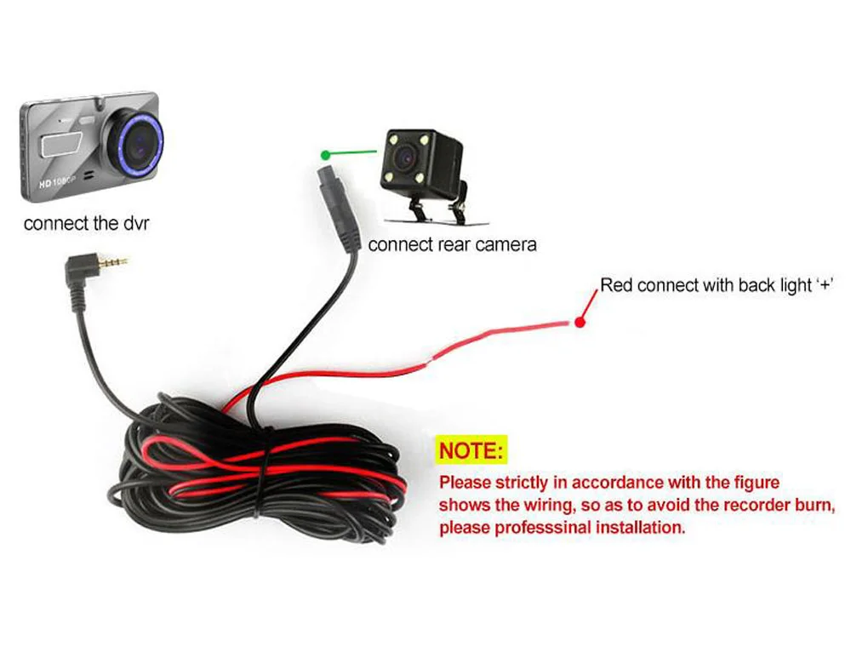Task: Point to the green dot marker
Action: click(x=325, y=155)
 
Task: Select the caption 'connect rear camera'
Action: click(x=453, y=245)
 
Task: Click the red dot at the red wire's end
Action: click(x=580, y=323)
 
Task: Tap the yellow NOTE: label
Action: click(x=472, y=449)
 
